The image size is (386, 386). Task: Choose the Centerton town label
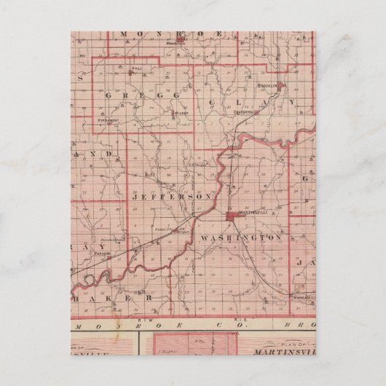point(244,112)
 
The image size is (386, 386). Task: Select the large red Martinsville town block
point(232,216)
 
